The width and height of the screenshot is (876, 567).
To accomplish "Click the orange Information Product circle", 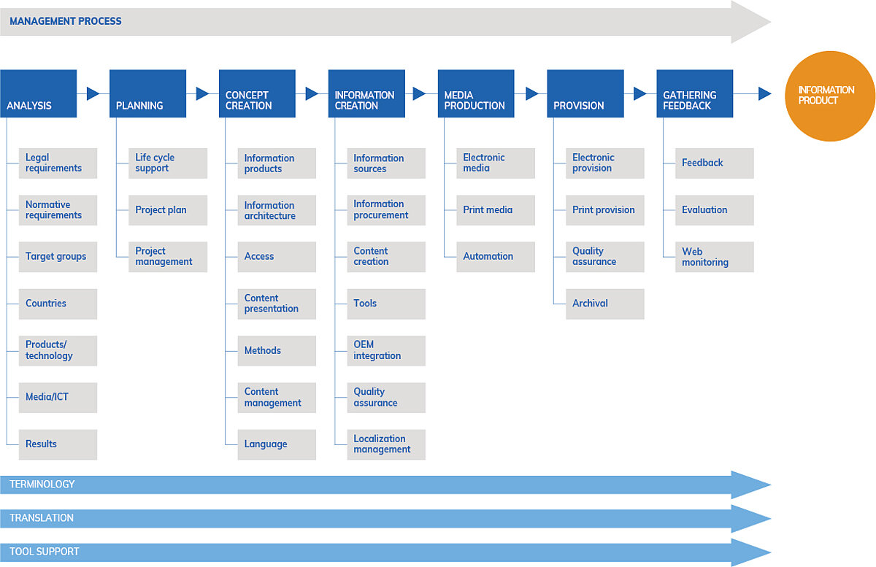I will click(x=829, y=96).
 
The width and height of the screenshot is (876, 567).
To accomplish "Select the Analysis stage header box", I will click(x=39, y=93).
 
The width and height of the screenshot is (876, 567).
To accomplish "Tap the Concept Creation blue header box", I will click(x=257, y=93).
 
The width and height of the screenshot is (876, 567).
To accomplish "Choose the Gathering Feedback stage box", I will click(x=694, y=93).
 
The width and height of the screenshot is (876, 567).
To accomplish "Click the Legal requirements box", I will click(x=58, y=163).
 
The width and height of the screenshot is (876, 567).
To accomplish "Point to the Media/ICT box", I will click(x=58, y=397).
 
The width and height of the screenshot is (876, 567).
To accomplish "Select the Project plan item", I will click(x=168, y=210).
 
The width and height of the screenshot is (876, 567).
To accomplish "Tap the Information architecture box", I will click(x=277, y=210).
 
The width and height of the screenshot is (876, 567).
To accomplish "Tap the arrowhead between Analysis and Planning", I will click(x=93, y=93).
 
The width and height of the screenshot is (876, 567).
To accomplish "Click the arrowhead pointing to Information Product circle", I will click(x=765, y=93).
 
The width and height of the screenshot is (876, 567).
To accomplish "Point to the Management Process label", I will click(x=66, y=21).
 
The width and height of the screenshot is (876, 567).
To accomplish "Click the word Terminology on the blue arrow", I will click(x=42, y=485).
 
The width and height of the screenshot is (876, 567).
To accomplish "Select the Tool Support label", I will click(x=45, y=552).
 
